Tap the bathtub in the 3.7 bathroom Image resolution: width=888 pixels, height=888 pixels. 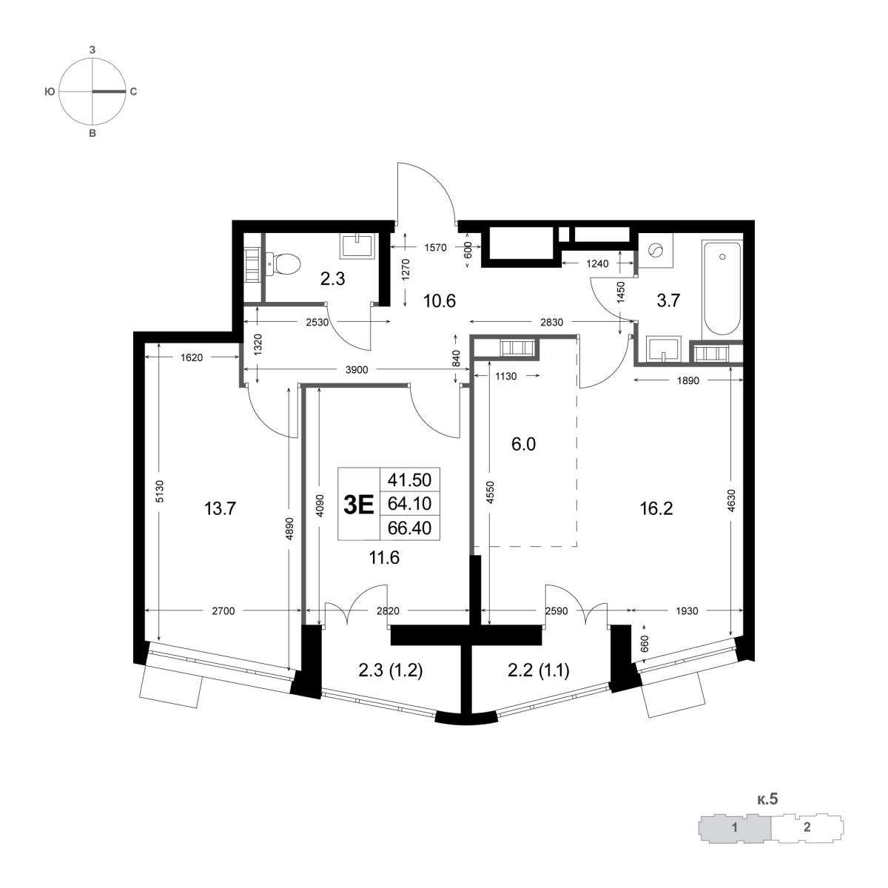coord(721,288)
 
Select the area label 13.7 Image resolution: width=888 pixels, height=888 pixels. coord(220,508)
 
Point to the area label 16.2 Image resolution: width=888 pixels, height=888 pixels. coord(656,508)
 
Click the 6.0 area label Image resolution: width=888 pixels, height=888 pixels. coord(523,444)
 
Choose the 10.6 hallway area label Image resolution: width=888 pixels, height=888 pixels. coord(439,301)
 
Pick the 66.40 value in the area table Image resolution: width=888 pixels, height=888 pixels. coord(410,528)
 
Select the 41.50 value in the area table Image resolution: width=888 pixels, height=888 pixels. coord(410,480)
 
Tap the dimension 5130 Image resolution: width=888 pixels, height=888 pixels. coord(160,491)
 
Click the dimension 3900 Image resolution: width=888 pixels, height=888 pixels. coord(356,369)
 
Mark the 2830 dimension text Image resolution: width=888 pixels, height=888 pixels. coord(551,322)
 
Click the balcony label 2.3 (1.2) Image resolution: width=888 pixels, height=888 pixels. coord(390,670)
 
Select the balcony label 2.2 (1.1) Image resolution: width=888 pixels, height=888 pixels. coord(538,670)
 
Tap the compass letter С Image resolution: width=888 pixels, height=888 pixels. coord(133,92)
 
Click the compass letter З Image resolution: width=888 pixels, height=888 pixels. coord(92,50)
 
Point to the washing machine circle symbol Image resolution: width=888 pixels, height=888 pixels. coord(656,251)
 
